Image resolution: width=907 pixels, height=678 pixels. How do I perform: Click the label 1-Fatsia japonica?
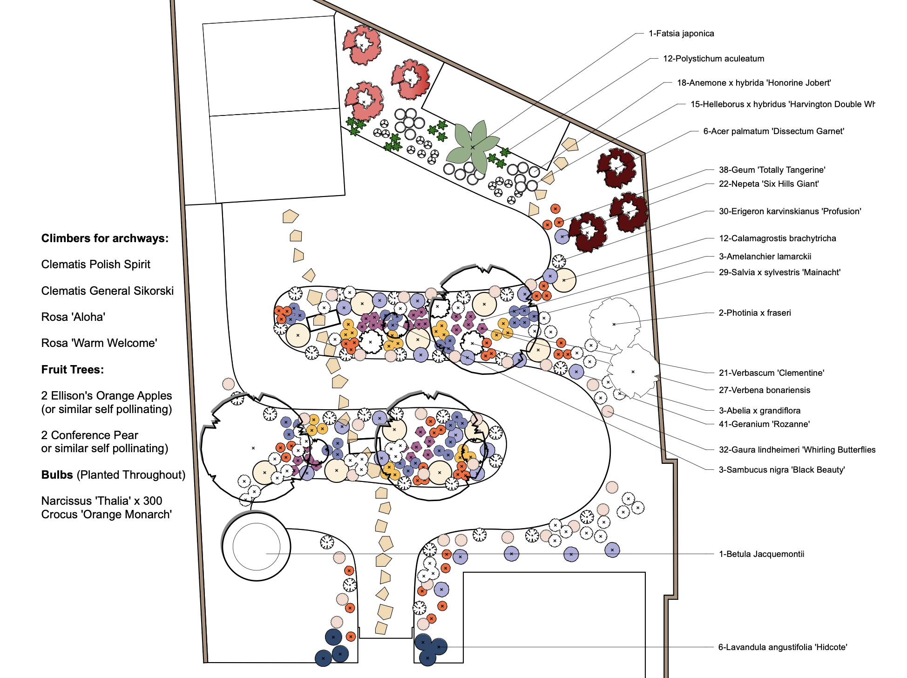(681, 34)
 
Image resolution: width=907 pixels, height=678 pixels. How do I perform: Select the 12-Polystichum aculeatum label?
(713, 59)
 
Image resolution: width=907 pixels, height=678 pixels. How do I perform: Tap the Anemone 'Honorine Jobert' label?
(753, 83)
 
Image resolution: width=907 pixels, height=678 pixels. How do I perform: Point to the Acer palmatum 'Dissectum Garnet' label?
(773, 131)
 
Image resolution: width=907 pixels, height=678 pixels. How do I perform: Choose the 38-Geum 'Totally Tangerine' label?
(772, 170)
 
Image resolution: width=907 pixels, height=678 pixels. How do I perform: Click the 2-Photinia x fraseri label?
(754, 313)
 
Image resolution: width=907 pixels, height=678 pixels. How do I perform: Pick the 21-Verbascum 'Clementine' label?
(771, 373)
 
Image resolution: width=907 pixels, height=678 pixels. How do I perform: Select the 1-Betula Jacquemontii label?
(761, 554)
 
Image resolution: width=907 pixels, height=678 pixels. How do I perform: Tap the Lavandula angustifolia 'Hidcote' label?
(782, 647)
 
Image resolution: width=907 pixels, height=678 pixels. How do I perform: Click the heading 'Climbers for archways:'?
(105, 238)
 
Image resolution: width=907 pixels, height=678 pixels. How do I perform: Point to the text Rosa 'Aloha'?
(73, 317)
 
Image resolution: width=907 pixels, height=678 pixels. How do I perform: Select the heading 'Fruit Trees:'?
(73, 370)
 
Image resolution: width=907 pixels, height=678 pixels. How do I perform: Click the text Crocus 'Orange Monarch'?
(106, 515)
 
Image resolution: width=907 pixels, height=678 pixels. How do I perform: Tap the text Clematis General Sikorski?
(107, 291)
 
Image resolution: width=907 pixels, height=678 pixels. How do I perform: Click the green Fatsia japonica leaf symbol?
(472, 147)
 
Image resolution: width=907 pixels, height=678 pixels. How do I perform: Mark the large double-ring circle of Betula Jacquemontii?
(256, 546)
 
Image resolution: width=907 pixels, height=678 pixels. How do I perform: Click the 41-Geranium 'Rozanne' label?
(764, 424)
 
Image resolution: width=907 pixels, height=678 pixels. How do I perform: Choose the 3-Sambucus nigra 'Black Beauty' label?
(781, 470)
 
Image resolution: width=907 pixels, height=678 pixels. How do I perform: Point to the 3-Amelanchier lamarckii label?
(765, 257)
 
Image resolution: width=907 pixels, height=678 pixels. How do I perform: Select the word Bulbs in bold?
(57, 475)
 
